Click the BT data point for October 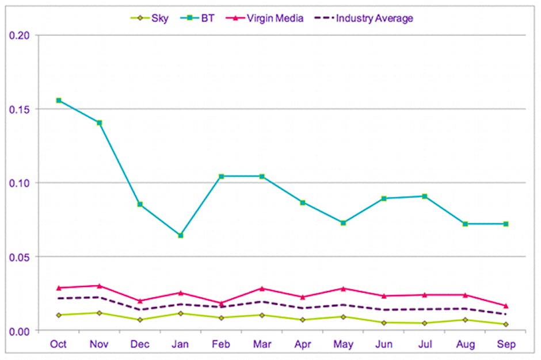click(59, 101)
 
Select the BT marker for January click(181, 235)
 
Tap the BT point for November click(99, 122)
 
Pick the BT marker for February click(221, 176)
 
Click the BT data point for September click(506, 224)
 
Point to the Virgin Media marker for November click(99, 286)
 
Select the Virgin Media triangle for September click(506, 305)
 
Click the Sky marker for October click(59, 315)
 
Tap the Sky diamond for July click(425, 323)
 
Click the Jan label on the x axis click(181, 344)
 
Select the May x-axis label click(343, 344)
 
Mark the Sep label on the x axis click(506, 344)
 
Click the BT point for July click(425, 196)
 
